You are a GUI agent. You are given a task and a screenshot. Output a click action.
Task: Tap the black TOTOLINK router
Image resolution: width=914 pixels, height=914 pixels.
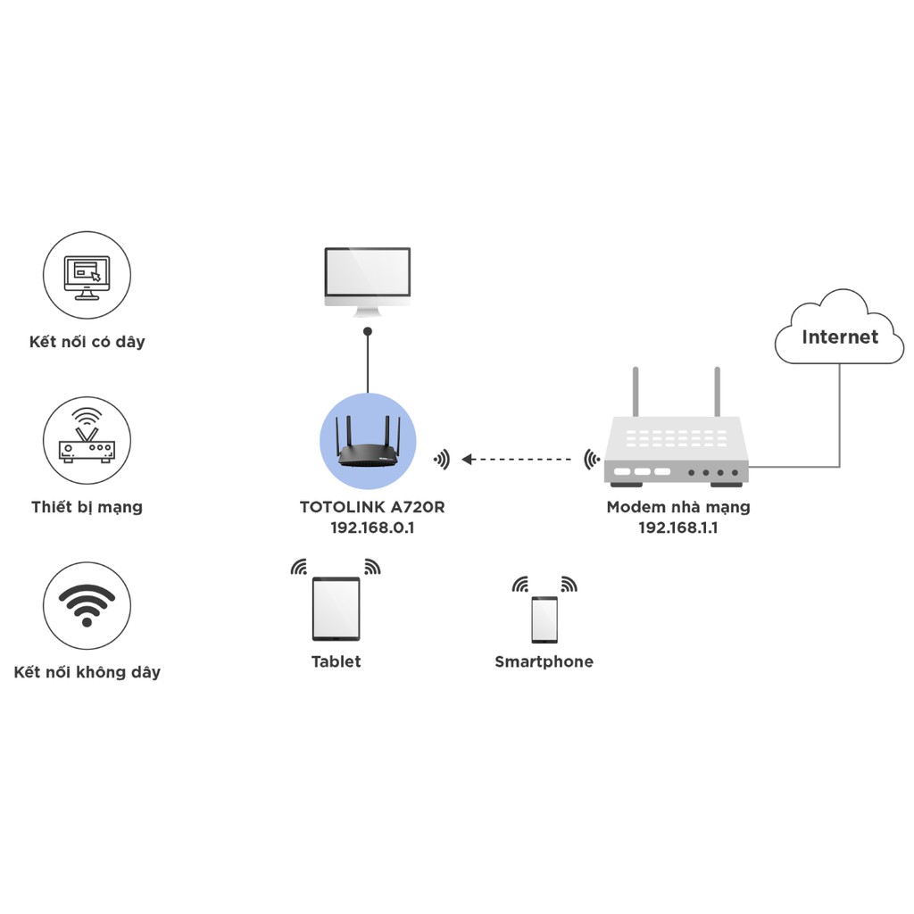pos(368,451)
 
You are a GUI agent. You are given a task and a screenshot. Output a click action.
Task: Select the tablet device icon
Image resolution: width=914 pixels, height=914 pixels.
pos(336,609)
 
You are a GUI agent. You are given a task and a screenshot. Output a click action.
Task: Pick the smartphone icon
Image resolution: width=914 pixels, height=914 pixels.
pos(544,619)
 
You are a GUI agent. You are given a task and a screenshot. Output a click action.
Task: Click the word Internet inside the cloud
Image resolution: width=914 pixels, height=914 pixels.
pos(839,337)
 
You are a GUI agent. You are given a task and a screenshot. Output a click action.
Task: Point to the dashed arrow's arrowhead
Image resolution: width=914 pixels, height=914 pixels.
pos(468,459)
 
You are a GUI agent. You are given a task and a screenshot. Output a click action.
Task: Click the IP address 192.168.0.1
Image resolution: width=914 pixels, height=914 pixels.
pos(372,528)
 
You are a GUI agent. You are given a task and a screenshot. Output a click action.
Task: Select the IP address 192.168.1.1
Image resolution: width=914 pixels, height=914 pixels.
pos(677,528)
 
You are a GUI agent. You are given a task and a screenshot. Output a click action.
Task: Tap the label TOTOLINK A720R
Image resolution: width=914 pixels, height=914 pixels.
pos(372,507)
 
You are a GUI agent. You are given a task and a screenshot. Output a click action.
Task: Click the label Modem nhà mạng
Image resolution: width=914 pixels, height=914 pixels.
pos(677,507)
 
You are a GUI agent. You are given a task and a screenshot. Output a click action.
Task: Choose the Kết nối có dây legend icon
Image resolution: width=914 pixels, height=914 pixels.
pos(87,275)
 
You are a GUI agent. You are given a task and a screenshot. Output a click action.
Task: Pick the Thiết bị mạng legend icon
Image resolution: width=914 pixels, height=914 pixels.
pos(87,441)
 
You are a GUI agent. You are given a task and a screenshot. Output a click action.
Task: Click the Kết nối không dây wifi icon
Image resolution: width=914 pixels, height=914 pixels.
pos(87,606)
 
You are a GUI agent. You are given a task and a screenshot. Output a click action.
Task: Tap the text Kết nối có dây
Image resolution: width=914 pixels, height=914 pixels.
pos(87,342)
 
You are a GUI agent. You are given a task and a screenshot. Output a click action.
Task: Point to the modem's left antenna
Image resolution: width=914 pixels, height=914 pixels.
pos(636,393)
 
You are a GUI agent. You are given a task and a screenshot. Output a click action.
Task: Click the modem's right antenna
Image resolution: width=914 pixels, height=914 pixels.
pos(716,393)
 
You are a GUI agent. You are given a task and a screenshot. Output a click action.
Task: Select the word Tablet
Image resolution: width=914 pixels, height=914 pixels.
pos(336,661)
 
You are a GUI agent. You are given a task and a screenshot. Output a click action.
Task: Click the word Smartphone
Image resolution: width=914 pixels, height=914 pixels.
pos(544,661)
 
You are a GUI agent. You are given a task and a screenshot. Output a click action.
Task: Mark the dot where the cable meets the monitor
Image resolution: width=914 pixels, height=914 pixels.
pos(367,331)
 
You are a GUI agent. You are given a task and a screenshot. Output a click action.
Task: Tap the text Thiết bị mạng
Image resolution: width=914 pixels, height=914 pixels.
pos(87,507)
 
